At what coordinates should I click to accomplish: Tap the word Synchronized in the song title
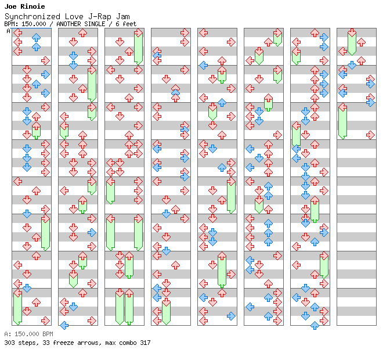(26, 16)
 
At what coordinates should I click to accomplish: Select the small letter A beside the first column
(9, 31)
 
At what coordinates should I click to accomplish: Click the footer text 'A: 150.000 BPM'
(28, 334)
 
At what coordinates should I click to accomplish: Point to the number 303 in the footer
(9, 343)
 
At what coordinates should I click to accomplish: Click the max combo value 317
(145, 343)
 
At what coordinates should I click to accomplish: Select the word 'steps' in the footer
(26, 343)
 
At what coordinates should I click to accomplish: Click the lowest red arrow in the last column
(370, 135)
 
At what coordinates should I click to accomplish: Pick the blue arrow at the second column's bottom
(64, 325)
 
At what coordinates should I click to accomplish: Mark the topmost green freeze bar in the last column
(352, 42)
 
